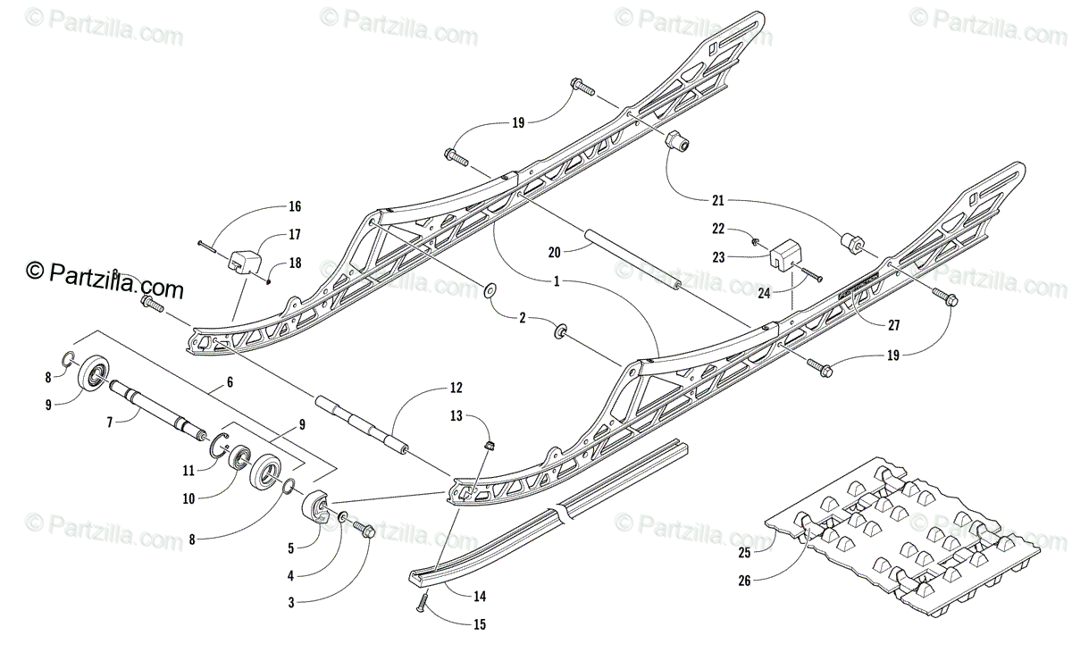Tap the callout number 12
[x=456, y=388]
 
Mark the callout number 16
[x=293, y=207]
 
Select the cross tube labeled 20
[x=631, y=261]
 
